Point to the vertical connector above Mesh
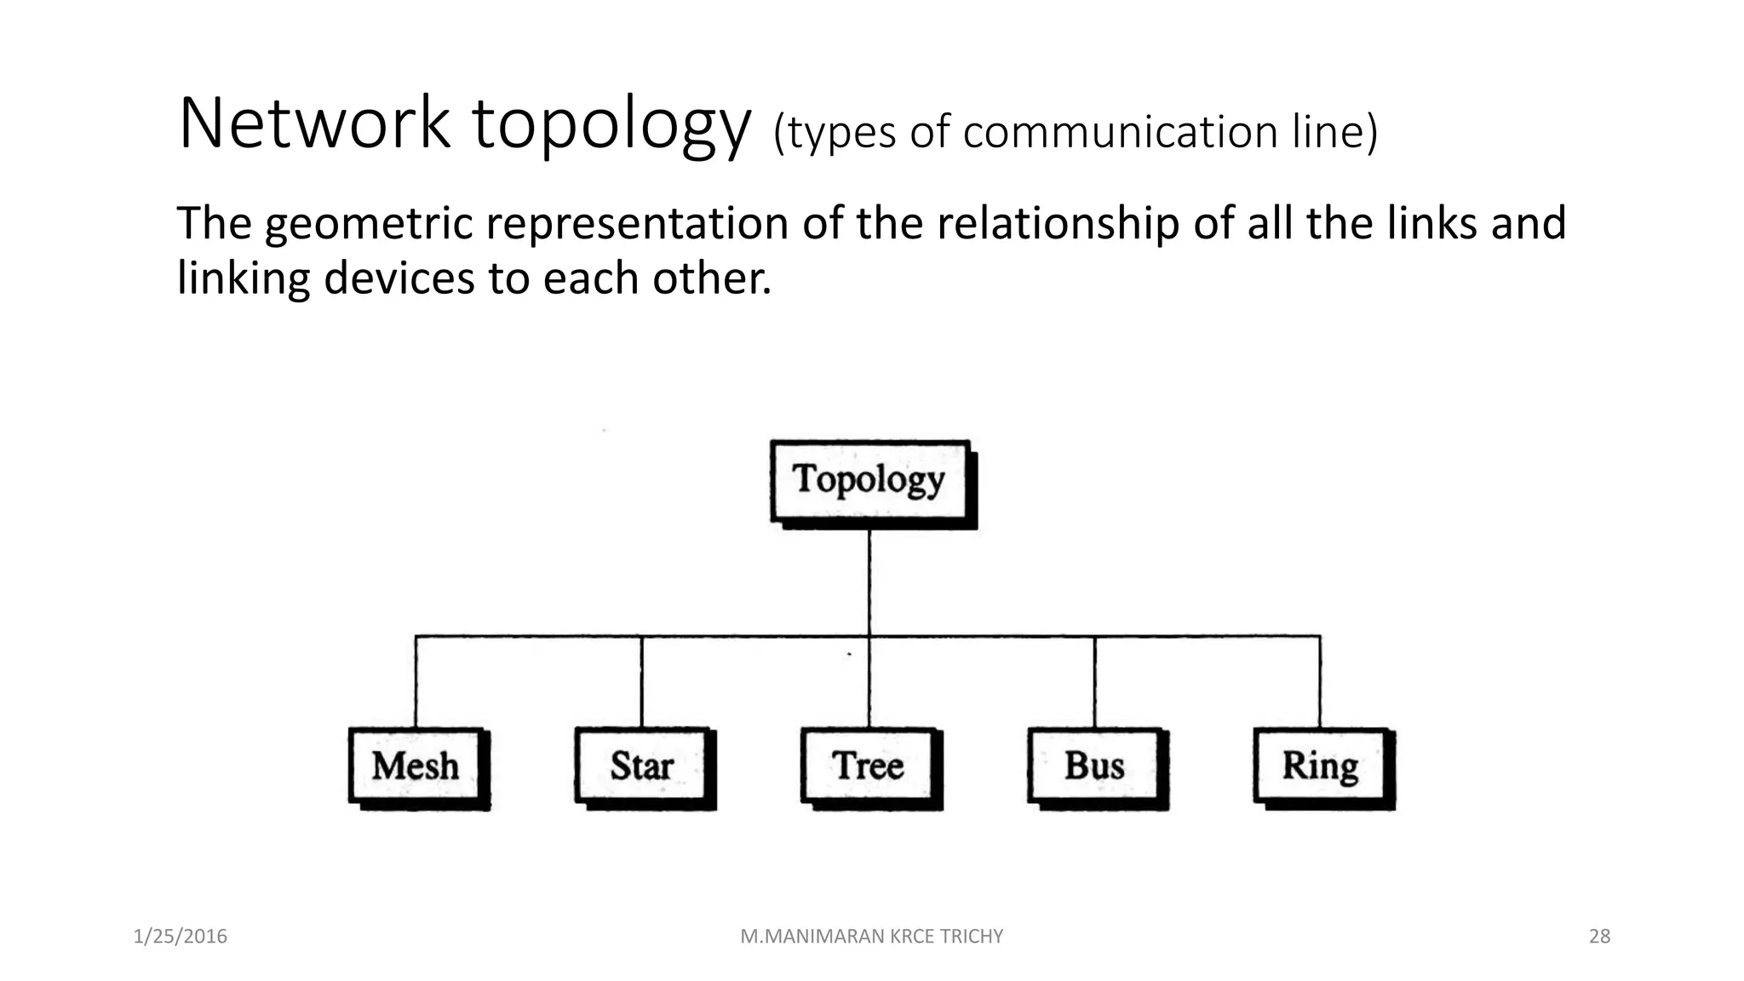click(416, 681)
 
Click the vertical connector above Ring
click(1320, 681)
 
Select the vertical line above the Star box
click(641, 681)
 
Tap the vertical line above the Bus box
click(1094, 681)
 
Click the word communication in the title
click(1121, 133)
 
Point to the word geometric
click(368, 225)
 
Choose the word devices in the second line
click(399, 279)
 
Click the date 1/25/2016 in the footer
click(181, 937)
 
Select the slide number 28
click(1599, 937)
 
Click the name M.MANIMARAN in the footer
click(812, 937)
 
